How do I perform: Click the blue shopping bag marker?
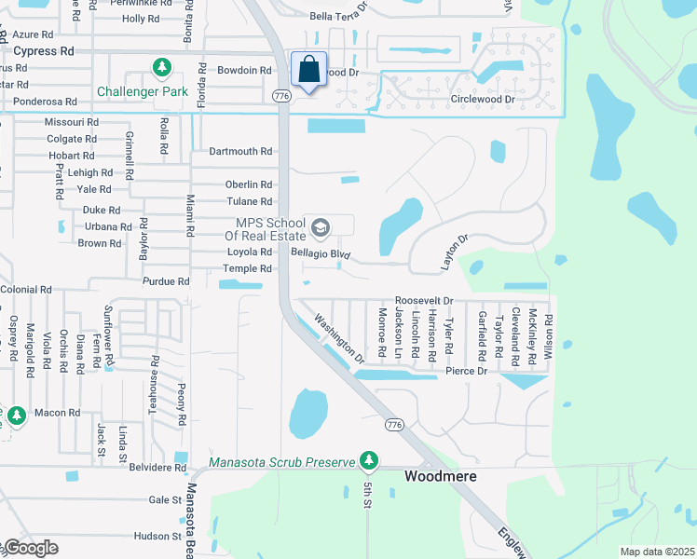coord(307,71)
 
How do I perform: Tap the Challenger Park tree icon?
coord(163,68)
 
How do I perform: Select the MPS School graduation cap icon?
coord(320,227)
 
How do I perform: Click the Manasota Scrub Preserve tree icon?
coord(370,460)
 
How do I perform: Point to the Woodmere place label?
coord(440,476)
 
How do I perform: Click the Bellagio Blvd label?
coord(320,253)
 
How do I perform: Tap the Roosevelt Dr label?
coord(423,301)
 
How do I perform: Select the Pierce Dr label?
coord(466,371)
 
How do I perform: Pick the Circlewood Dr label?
coord(483,100)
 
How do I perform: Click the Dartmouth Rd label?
coord(240,151)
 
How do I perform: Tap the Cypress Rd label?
coord(44,51)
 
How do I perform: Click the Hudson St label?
coord(157,536)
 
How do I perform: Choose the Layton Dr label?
coord(454,252)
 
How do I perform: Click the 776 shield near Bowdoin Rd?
coord(280,96)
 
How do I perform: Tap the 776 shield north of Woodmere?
coord(394,425)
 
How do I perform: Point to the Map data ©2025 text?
coord(656,552)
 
